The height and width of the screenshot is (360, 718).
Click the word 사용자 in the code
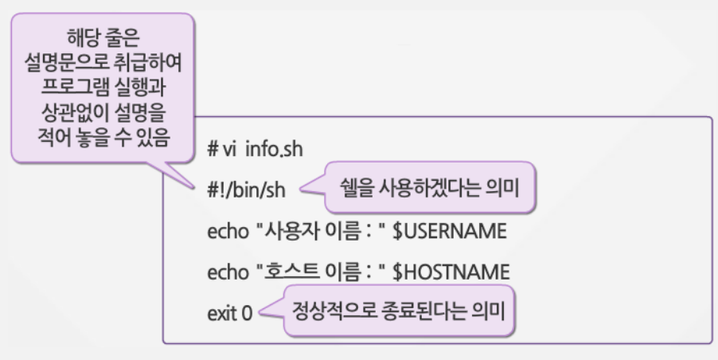(x=285, y=232)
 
